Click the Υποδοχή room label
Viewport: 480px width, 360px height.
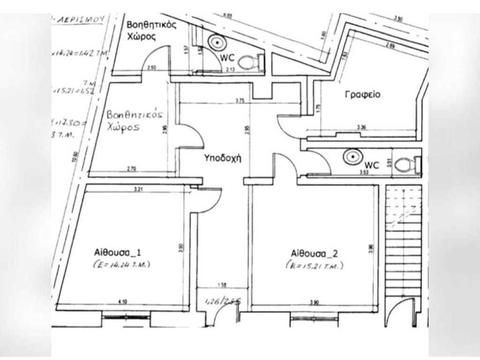223,158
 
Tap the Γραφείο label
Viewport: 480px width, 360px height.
362,94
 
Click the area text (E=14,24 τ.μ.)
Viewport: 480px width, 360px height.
121,265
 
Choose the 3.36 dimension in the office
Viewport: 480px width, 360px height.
361,127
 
